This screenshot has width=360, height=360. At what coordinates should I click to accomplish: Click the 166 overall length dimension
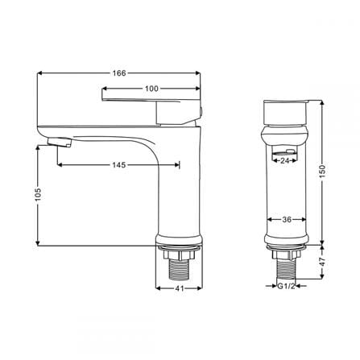[x=119, y=73]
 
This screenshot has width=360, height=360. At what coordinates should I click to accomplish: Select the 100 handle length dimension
[x=151, y=89]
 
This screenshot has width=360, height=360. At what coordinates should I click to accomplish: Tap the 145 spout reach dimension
[x=119, y=164]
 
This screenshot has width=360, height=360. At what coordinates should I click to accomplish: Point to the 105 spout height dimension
[x=38, y=194]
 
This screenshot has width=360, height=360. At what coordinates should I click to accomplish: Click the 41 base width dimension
[x=180, y=288]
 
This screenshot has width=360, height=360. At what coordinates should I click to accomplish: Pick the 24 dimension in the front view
[x=284, y=160]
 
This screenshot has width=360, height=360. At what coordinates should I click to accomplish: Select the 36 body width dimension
[x=287, y=219]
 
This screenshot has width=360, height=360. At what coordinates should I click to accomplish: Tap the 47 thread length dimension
[x=322, y=262]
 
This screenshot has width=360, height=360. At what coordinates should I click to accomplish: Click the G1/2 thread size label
[x=286, y=286]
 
